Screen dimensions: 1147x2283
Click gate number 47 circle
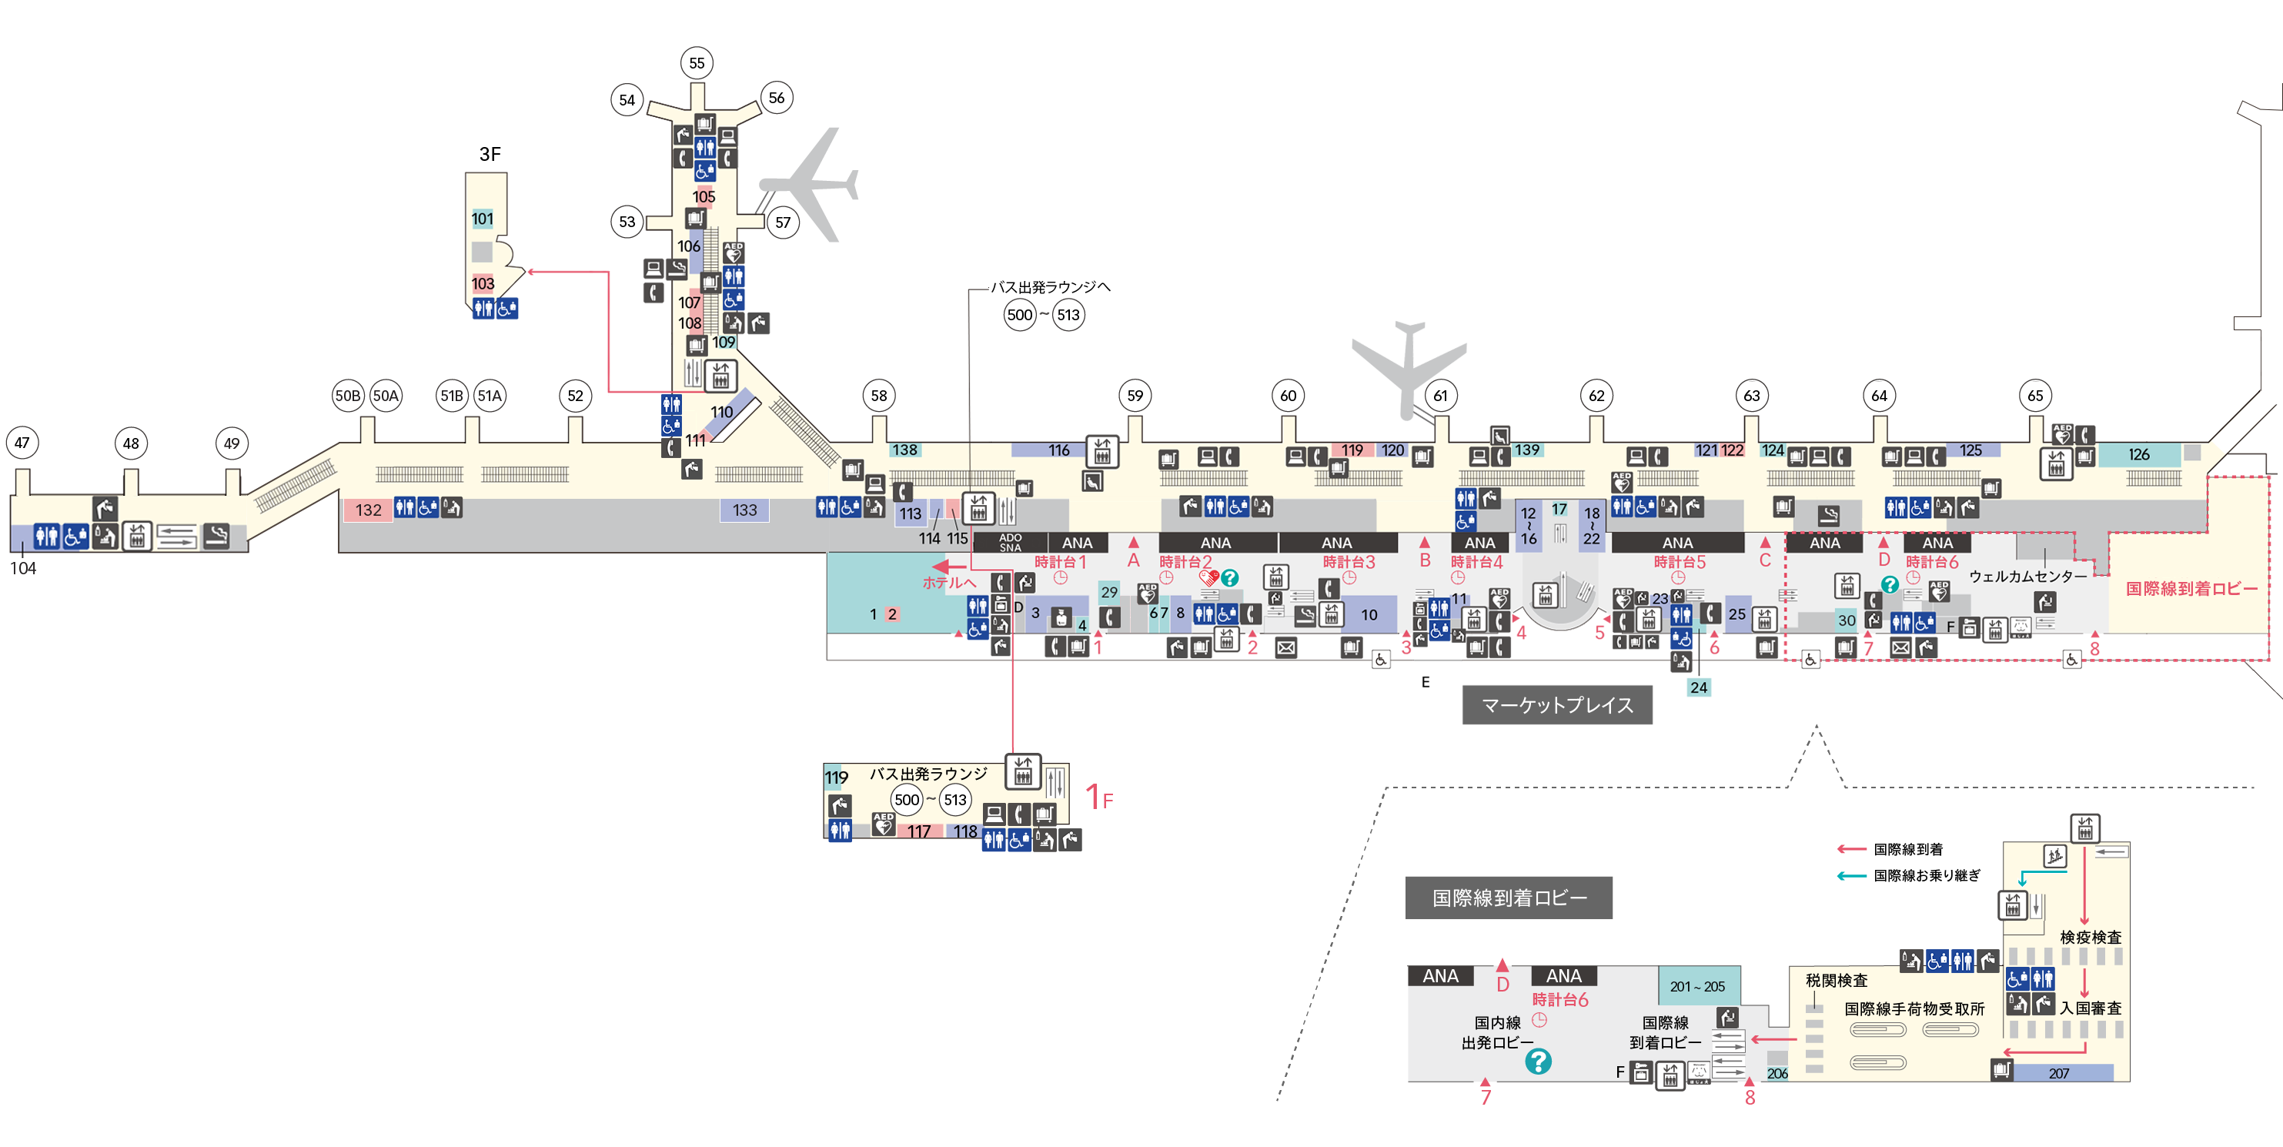pyautogui.click(x=22, y=443)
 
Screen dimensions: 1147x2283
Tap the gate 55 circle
pyautogui.click(x=697, y=63)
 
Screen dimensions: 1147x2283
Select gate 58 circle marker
pyautogui.click(x=878, y=396)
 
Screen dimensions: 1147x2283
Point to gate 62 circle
pyautogui.click(x=1596, y=396)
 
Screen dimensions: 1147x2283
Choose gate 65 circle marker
pyautogui.click(x=2036, y=396)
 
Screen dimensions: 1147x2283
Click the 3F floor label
pyautogui.click(x=490, y=154)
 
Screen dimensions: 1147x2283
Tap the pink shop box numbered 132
pyautogui.click(x=368, y=510)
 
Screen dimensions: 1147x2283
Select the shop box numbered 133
pyautogui.click(x=744, y=510)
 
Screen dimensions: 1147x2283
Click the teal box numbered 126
pyautogui.click(x=2138, y=454)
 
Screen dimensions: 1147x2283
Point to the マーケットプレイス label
pyautogui.click(x=1557, y=706)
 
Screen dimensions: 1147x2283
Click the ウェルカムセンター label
pyautogui.click(x=2027, y=576)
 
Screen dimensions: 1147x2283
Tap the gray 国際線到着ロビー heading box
pyautogui.click(x=1509, y=898)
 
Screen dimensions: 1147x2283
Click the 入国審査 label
pyautogui.click(x=2090, y=1008)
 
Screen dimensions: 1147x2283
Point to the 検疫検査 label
pyautogui.click(x=2090, y=937)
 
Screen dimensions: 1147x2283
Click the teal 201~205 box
pyautogui.click(x=1697, y=985)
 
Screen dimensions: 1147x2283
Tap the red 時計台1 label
pyautogui.click(x=1060, y=562)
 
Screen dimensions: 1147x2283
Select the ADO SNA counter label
pyautogui.click(x=1011, y=543)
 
